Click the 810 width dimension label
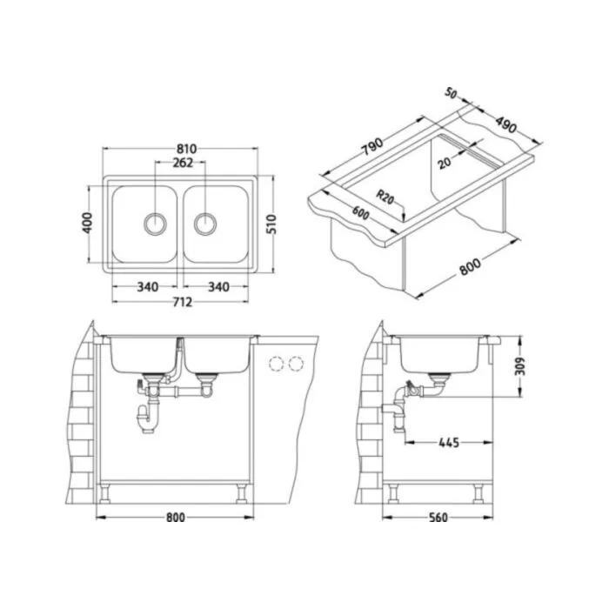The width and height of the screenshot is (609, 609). coord(186,149)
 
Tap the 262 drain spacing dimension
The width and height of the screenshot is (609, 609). coord(183,163)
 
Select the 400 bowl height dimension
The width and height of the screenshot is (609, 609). coord(88,223)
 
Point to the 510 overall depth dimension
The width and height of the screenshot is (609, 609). coord(271,224)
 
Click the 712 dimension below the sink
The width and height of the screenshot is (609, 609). coord(181,302)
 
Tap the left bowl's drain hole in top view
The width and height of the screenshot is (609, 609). coord(155,224)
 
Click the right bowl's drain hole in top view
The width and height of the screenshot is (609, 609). coord(205,224)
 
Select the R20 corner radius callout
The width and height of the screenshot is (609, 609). coord(385,197)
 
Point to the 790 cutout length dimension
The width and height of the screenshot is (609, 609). coord(372,145)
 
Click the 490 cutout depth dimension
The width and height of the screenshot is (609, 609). coord(505,124)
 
